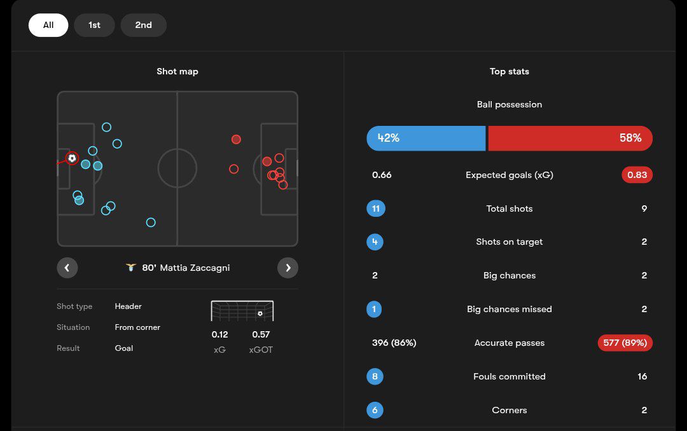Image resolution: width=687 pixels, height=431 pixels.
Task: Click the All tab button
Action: click(x=48, y=25)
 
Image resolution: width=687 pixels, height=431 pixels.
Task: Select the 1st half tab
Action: click(x=94, y=25)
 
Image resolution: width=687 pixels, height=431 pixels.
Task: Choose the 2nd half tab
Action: click(x=143, y=25)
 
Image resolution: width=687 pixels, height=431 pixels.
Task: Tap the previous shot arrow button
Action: click(x=67, y=268)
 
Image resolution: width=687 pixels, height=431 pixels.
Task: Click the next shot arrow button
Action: click(x=288, y=268)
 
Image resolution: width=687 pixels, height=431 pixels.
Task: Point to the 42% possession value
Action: click(x=389, y=138)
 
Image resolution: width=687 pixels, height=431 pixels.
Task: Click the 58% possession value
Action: click(x=630, y=138)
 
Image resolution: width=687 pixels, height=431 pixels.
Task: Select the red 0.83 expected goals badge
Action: click(x=637, y=175)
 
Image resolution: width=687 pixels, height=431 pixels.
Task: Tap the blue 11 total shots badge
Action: click(x=376, y=209)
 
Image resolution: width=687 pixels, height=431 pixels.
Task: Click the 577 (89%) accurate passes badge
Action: click(x=625, y=343)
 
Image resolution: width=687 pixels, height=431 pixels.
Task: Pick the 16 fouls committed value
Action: click(x=642, y=376)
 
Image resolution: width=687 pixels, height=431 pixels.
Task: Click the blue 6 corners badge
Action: click(x=375, y=410)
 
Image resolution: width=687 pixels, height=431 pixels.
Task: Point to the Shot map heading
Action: click(x=177, y=71)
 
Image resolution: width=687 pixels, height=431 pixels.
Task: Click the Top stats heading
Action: click(x=509, y=71)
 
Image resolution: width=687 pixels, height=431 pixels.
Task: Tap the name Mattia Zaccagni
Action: click(x=195, y=268)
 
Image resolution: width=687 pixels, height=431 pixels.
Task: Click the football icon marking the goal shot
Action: click(x=72, y=158)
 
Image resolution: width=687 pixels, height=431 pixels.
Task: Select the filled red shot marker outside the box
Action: click(x=236, y=139)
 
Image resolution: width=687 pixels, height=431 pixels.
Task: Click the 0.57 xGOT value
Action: click(x=261, y=334)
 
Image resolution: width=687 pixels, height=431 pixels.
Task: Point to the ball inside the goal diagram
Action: click(x=260, y=313)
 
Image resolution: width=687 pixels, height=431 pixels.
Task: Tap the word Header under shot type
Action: click(x=128, y=306)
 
